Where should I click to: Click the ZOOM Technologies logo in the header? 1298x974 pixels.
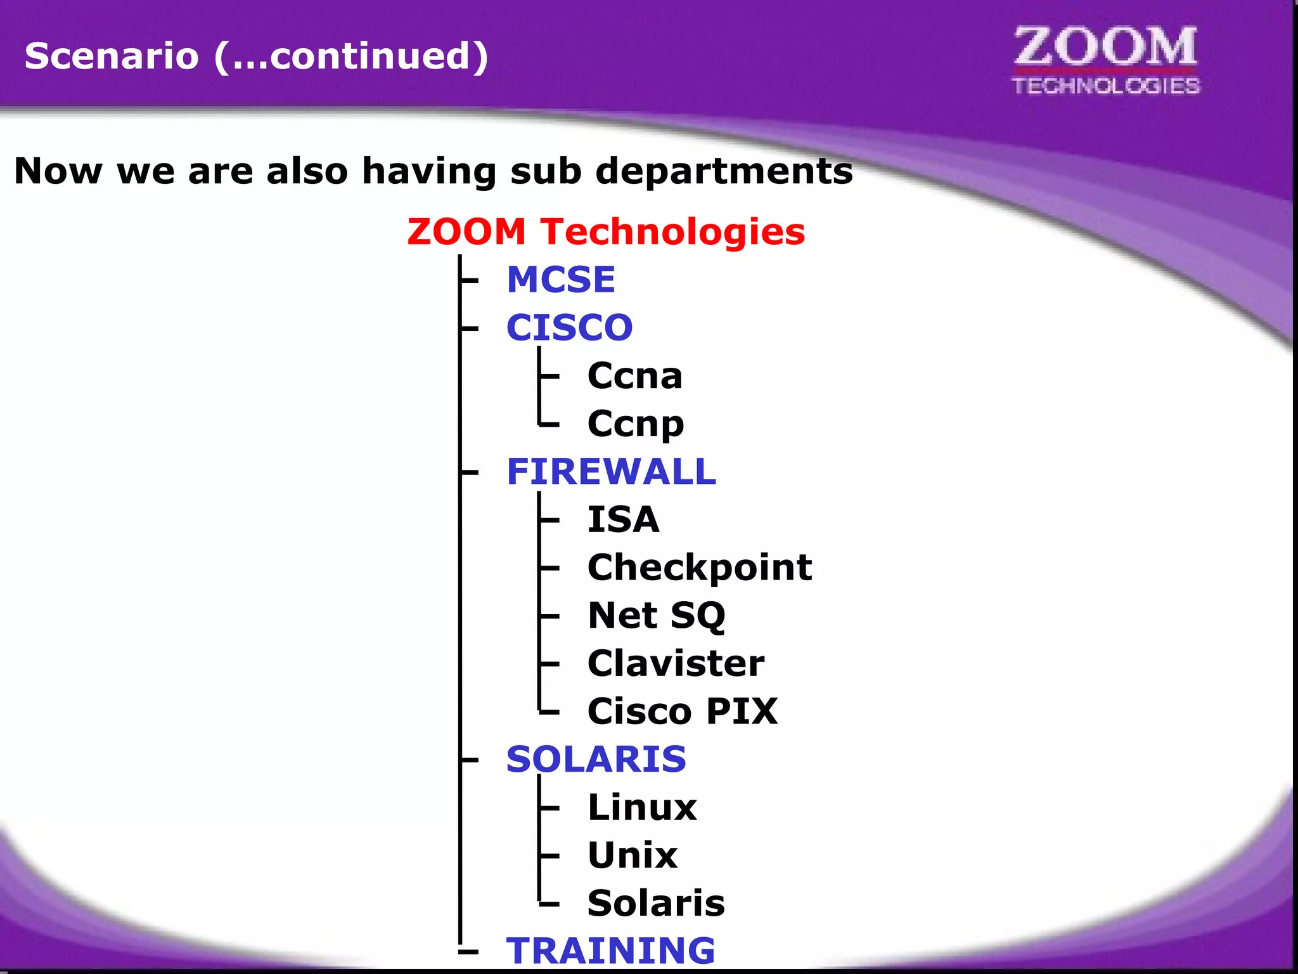(1106, 61)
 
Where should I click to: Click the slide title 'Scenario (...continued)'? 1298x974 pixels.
(256, 56)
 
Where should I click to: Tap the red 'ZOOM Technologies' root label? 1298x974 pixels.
(606, 231)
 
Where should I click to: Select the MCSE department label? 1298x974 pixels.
(561, 280)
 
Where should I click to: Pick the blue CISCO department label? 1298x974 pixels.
(569, 327)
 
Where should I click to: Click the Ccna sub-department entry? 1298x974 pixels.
(635, 376)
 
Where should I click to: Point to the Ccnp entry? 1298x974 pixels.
(636, 424)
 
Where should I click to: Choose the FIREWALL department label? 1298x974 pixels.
(611, 472)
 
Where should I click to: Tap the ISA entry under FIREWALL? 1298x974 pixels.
(623, 519)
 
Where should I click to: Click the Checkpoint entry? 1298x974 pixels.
(700, 567)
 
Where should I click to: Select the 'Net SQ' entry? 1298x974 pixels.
(657, 615)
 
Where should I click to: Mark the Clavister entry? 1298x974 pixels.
(676, 663)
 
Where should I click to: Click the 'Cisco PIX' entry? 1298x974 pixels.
(683, 711)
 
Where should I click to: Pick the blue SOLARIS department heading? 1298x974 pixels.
(596, 759)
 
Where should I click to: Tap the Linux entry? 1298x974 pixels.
(642, 807)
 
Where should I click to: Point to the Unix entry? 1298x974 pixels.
(633, 855)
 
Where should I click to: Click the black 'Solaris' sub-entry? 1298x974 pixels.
(656, 903)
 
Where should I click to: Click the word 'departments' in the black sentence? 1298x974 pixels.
(724, 171)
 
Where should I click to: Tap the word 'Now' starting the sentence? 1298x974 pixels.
(58, 171)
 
